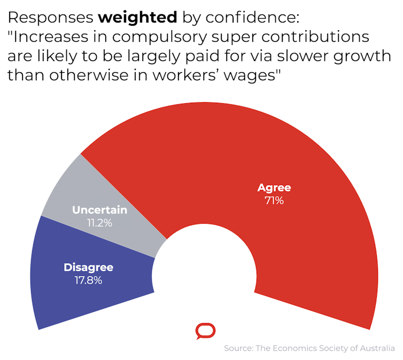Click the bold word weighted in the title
(x=137, y=18)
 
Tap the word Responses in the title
(x=50, y=18)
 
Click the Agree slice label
(x=274, y=188)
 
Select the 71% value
(x=274, y=201)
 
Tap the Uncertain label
(x=99, y=209)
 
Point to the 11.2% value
(x=99, y=223)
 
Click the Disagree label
(x=88, y=267)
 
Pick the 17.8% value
(x=88, y=280)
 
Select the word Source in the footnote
(x=238, y=348)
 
